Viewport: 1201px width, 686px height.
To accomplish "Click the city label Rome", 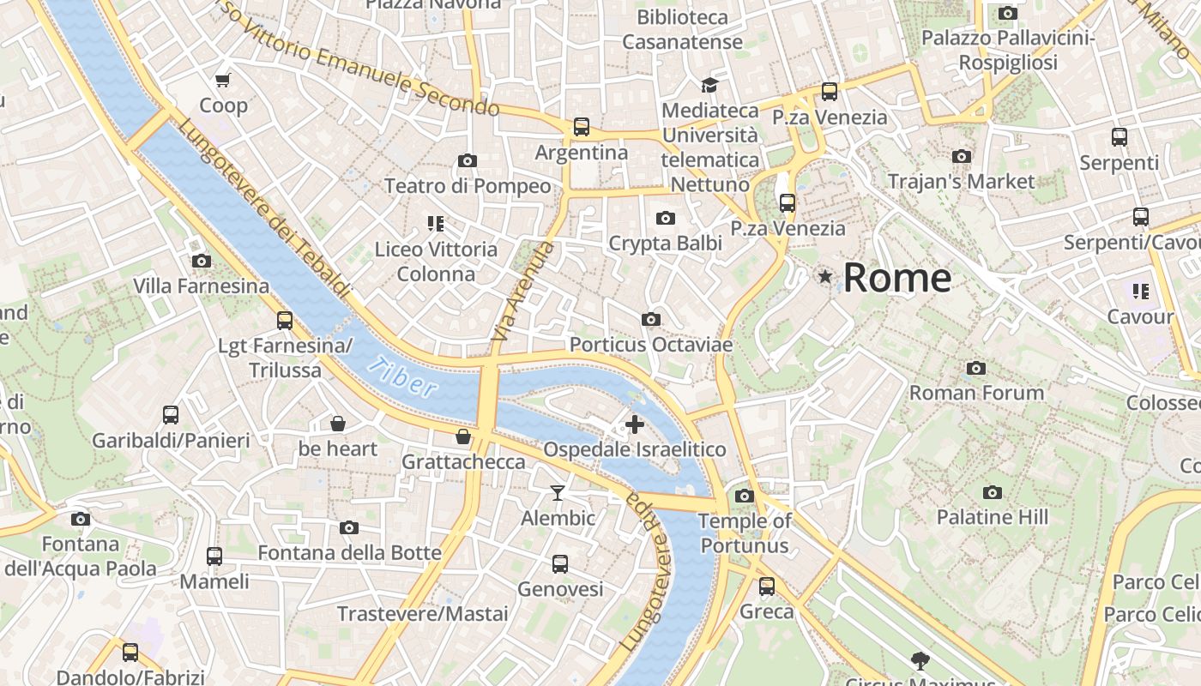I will coord(896,278).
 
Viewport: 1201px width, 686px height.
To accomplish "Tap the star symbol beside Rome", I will coord(825,276).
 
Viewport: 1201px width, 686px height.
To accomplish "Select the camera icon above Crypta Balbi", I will coord(665,219).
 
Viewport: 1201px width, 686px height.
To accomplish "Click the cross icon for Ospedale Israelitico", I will coord(635,424).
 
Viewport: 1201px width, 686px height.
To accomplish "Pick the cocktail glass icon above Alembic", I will coord(558,492).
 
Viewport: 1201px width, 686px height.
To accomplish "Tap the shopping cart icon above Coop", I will coord(223,81).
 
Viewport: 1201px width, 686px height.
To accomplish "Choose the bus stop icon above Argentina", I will coord(582,127).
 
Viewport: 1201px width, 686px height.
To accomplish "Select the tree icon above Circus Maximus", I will coord(920,660).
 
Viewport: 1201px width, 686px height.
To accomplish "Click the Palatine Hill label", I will coord(992,517).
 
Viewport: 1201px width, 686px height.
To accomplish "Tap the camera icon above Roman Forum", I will coord(975,368).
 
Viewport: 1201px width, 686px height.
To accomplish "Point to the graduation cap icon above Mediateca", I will coord(709,85).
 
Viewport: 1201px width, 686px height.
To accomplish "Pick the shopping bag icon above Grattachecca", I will coord(463,436).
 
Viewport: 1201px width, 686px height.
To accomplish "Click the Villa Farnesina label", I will coord(202,286).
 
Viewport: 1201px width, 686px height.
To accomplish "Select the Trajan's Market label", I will coord(961,181).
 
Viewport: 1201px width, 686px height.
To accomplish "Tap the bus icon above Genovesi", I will coord(560,564).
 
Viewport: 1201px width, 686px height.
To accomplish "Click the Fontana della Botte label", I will coord(349,552).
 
